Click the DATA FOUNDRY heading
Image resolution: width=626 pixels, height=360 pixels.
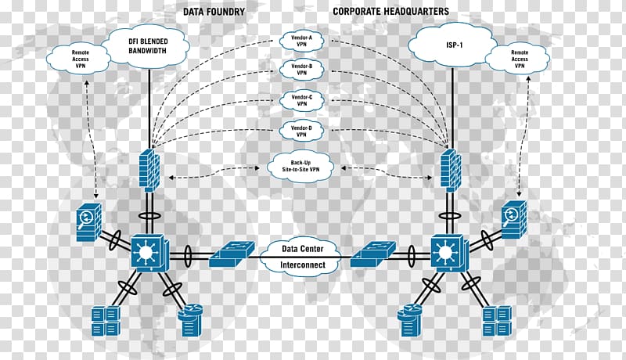click(214, 12)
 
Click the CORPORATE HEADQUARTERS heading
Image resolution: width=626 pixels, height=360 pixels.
click(390, 11)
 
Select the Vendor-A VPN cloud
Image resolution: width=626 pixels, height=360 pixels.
click(302, 41)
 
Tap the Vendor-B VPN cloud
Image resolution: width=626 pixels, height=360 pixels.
click(302, 70)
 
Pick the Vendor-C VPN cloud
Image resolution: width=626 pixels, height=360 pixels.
click(302, 100)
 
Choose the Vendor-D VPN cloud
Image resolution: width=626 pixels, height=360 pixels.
click(302, 131)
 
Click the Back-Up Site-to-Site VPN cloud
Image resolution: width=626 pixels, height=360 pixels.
click(300, 166)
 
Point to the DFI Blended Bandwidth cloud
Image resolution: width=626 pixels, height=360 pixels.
click(148, 46)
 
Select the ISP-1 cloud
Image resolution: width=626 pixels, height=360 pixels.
click(454, 45)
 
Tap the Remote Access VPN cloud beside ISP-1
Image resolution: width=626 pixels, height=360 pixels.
click(519, 59)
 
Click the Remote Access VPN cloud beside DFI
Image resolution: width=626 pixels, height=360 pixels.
click(80, 59)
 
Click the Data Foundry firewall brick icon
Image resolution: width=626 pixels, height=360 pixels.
click(149, 169)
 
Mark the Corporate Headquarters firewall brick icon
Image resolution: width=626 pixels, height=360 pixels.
click(451, 169)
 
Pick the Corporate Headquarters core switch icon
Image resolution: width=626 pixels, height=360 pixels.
click(448, 252)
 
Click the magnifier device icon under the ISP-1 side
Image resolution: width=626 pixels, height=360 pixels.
click(514, 218)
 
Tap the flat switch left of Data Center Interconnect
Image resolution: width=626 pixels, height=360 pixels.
click(231, 254)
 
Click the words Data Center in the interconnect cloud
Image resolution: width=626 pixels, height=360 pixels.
click(302, 249)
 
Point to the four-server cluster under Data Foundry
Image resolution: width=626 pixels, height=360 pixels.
click(106, 321)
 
